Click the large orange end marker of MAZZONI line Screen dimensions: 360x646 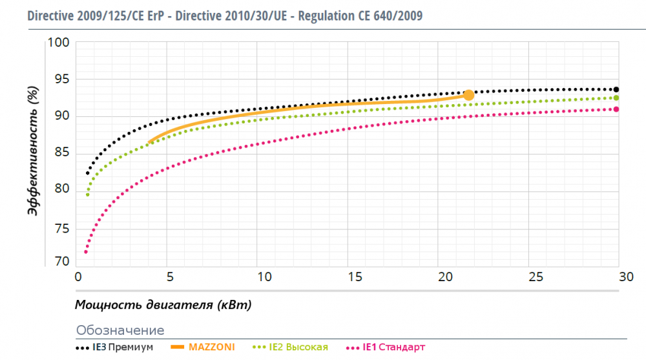(469, 95)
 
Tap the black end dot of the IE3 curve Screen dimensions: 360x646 (616, 89)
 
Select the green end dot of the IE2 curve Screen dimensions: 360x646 (616, 98)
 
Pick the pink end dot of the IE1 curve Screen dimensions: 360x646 (616, 109)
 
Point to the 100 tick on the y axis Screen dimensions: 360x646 (59, 43)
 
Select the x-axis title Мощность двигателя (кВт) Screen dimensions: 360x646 (163, 304)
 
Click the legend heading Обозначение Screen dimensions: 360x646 (120, 330)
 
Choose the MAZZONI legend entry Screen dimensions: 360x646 (202, 347)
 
